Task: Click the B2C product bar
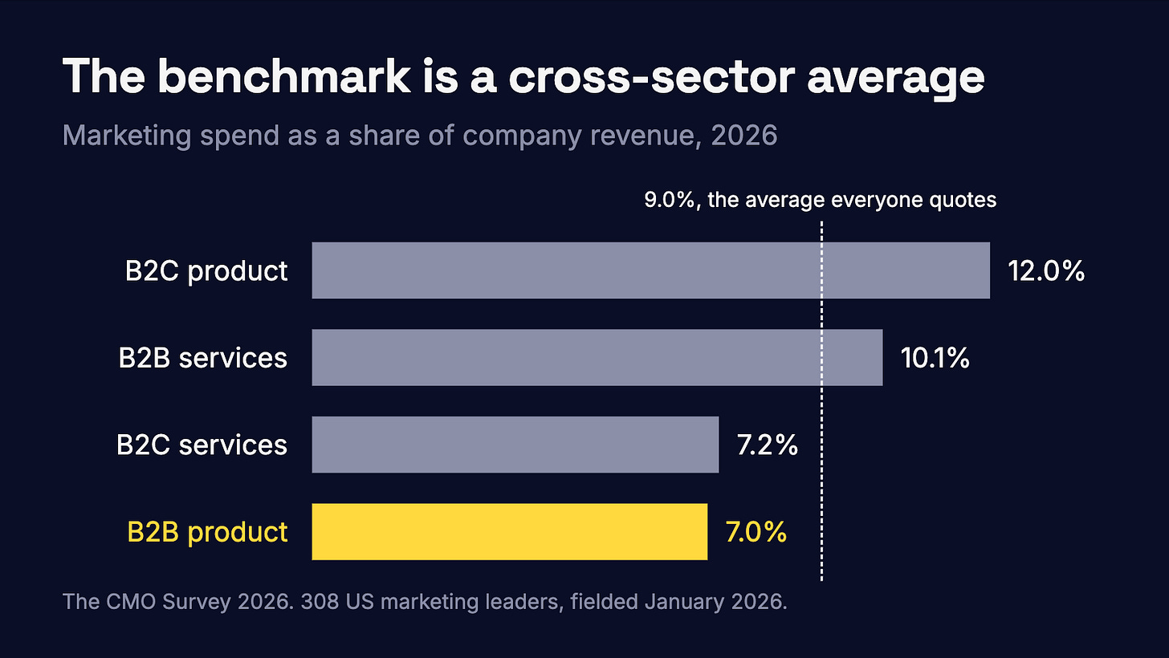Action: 651,270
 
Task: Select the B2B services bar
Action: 597,357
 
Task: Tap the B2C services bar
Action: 515,445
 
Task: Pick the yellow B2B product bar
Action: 509,531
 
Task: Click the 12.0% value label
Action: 1046,271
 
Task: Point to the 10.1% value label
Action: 935,358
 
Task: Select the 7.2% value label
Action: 768,445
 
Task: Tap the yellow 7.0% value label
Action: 756,532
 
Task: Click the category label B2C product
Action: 206,271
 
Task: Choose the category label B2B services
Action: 203,358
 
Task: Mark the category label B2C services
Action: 202,445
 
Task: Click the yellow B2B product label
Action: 207,532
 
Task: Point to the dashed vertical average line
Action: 821,400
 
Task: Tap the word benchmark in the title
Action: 288,77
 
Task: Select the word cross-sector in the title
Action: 652,77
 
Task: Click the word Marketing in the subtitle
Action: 127,136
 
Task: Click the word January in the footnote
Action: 684,602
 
